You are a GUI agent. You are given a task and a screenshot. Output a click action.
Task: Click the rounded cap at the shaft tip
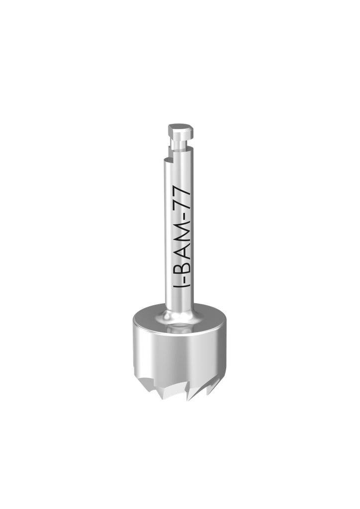(x=180, y=130)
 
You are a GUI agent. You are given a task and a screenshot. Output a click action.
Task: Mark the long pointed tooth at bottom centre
(x=189, y=396)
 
